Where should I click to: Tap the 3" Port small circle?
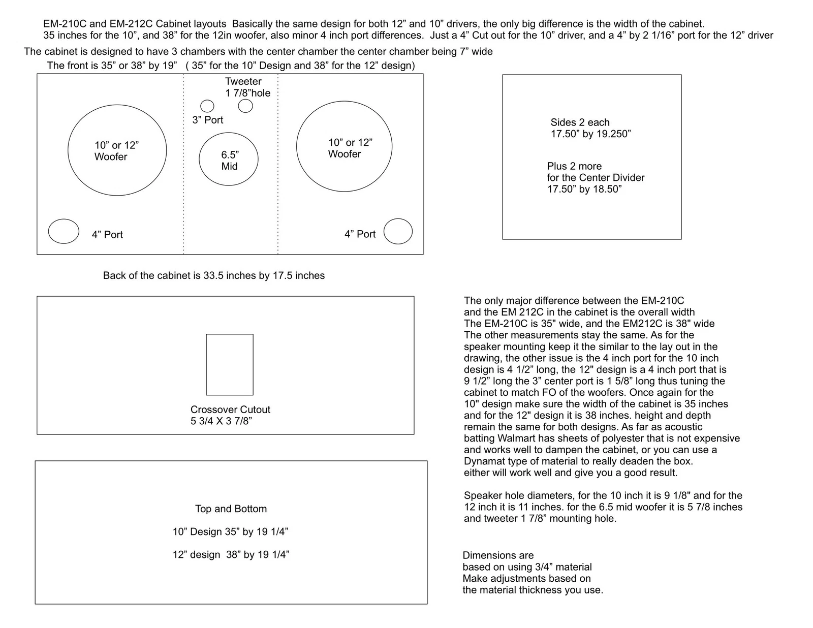[207, 106]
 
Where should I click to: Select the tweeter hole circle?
[245, 106]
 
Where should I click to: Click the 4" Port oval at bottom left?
[64, 231]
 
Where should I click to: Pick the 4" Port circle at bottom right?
[398, 232]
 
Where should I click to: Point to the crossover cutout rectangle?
[230, 364]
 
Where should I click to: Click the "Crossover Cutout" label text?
[230, 410]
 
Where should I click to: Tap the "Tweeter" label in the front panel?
[243, 81]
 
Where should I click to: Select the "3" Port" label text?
[207, 120]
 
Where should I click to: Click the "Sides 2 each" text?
[580, 122]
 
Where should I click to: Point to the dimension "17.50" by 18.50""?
[584, 189]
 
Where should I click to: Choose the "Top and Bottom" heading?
[231, 509]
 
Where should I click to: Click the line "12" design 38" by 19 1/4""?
[231, 554]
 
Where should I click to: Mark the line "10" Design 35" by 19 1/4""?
[230, 531]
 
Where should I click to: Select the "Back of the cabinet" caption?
[213, 275]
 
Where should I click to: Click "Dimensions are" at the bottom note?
[498, 555]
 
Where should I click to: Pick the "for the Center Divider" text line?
[596, 177]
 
